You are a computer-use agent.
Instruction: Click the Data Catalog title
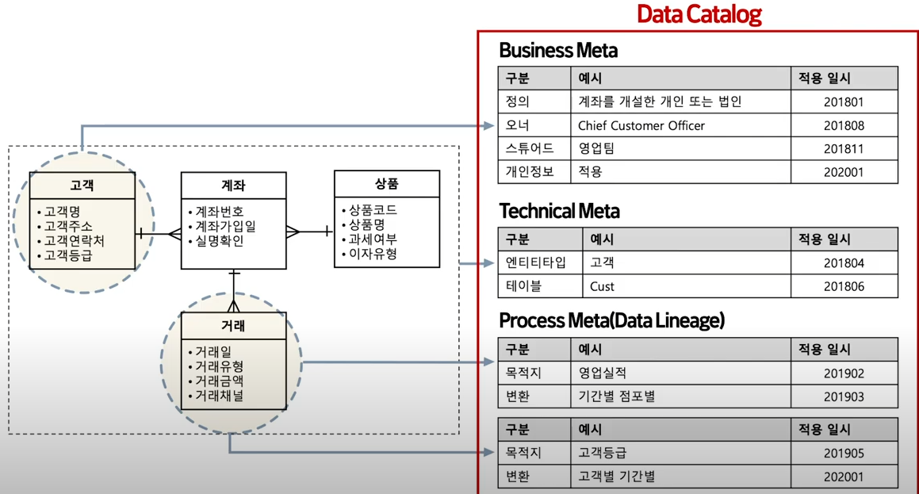[x=699, y=14]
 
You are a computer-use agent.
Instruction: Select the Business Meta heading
[x=558, y=51]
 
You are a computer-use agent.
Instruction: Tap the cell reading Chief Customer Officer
[x=641, y=125]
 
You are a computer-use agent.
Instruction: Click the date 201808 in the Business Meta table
[x=844, y=125]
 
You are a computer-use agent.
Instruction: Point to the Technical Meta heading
[x=559, y=211]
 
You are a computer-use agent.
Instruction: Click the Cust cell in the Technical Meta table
[x=602, y=286]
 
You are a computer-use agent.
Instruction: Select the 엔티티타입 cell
[x=536, y=262]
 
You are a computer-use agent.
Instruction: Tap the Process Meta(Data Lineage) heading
[x=611, y=320]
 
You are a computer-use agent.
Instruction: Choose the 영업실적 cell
[x=603, y=373]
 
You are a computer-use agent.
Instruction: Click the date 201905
[x=844, y=454]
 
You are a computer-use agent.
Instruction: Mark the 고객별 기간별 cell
[x=617, y=477]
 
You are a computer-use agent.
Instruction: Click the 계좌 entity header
[x=233, y=186]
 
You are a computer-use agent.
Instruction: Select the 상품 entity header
[x=386, y=184]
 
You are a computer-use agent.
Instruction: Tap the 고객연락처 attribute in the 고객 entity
[x=74, y=241]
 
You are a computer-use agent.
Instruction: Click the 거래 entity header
[x=233, y=326]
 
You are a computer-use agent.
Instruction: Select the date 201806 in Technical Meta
[x=844, y=286]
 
